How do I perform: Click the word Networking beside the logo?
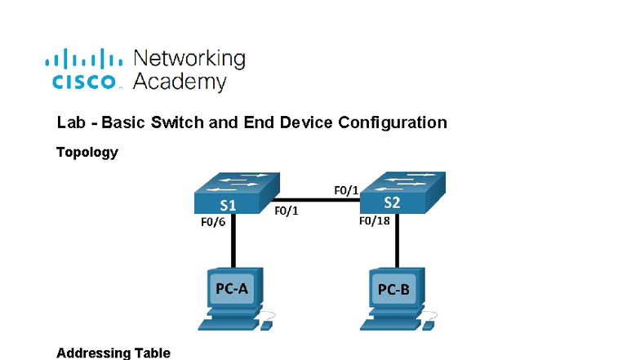(x=189, y=59)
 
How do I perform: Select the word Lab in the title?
(x=70, y=123)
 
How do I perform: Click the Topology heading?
(x=87, y=152)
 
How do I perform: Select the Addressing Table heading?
(x=113, y=353)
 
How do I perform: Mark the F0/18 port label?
(x=374, y=220)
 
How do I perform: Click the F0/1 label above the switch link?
(x=346, y=190)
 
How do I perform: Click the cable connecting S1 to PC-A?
(x=234, y=241)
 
